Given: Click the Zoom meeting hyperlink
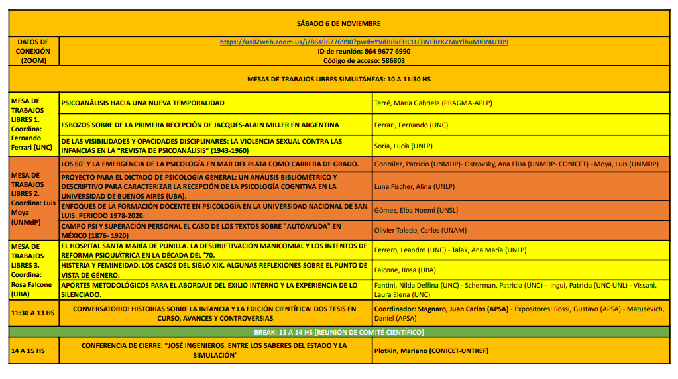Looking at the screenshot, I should pyautogui.click(x=364, y=42).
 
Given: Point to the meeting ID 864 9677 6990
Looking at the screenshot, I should pyautogui.click(x=364, y=51).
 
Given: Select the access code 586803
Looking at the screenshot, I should pyautogui.click(x=364, y=60).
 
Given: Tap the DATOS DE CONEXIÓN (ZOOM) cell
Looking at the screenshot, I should pyautogui.click(x=32, y=51).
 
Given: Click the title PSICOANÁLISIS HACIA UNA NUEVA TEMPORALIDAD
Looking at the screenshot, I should pyautogui.click(x=142, y=103).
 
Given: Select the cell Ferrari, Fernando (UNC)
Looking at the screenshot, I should pyautogui.click(x=411, y=125).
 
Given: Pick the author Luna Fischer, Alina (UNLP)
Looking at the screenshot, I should pyautogui.click(x=414, y=187).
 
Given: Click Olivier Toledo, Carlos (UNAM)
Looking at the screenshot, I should pyautogui.click(x=420, y=231).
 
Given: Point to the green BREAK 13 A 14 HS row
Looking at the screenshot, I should pyautogui.click(x=339, y=331).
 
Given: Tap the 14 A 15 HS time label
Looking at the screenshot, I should pyautogui.click(x=28, y=351).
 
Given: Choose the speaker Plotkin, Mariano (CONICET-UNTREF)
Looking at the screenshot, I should pyautogui.click(x=431, y=351).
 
